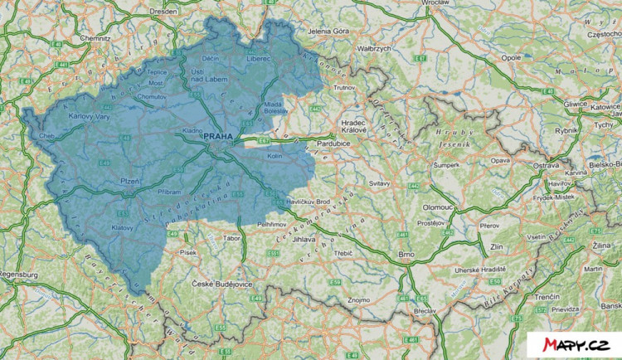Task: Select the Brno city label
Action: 406,254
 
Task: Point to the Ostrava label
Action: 545,166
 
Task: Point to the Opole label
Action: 509,59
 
